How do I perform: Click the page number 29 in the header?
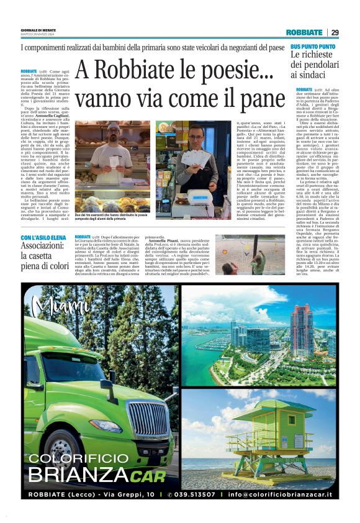(335, 32)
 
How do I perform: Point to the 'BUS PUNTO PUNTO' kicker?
(313, 47)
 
